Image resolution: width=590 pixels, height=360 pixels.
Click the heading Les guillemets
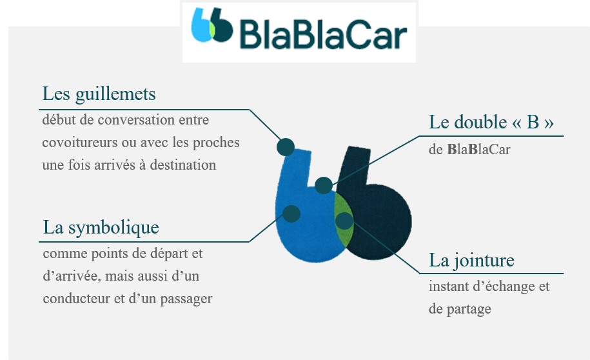coord(99,94)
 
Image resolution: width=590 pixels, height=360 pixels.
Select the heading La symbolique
coord(101,227)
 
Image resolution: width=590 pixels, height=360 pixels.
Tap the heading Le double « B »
coord(491,122)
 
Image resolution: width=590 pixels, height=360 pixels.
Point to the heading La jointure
coord(471,260)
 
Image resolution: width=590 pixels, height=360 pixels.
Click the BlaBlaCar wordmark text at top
coord(323,35)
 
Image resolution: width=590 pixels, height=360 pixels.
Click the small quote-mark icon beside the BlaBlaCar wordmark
coord(212,25)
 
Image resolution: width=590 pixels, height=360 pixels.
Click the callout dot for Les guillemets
coord(286,147)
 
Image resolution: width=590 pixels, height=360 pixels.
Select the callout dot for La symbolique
coord(291,214)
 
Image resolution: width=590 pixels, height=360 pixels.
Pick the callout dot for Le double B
coord(324,185)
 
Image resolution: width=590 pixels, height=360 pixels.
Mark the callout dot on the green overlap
coord(344,221)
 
